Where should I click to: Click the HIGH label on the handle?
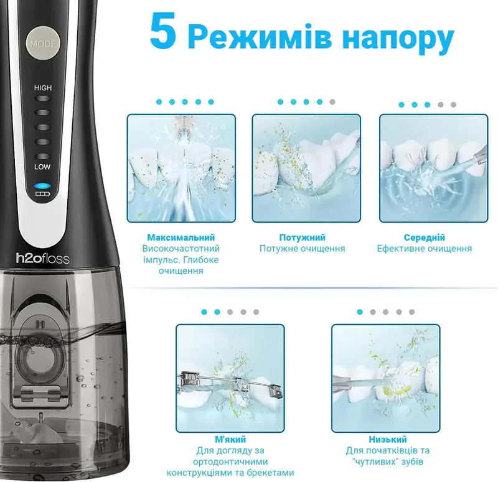point(43,88)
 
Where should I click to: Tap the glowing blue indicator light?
point(43,186)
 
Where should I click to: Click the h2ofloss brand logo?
point(43,258)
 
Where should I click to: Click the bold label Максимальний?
point(181,238)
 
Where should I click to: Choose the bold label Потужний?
point(302,238)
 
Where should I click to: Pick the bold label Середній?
point(425,238)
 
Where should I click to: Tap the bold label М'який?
point(229,439)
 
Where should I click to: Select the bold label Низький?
point(388,439)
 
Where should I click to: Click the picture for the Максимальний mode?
point(181,168)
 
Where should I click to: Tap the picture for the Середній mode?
point(433,168)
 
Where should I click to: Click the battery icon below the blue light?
point(43,195)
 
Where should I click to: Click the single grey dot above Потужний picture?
point(333,102)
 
